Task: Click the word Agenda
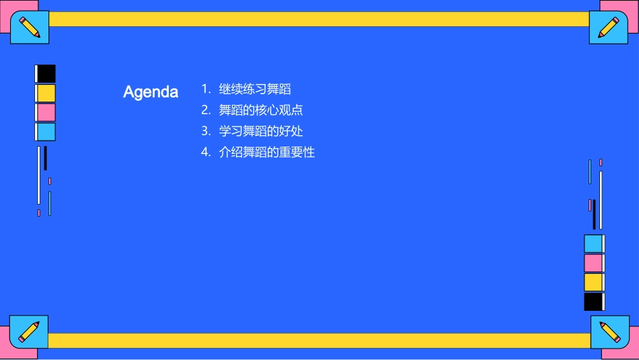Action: [x=151, y=92]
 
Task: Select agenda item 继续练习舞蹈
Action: [x=255, y=89]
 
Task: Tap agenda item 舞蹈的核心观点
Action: [x=261, y=110]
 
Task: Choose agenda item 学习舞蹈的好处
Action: [x=261, y=131]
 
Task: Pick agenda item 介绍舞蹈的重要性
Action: [x=267, y=152]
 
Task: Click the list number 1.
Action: [x=205, y=89]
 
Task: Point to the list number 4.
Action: [x=206, y=152]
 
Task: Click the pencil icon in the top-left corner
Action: [x=30, y=27]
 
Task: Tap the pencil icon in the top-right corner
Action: [x=609, y=27]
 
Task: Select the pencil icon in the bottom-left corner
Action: [x=29, y=332]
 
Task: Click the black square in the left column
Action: [x=46, y=74]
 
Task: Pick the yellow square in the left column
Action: [x=46, y=93]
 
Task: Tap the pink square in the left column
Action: [x=46, y=112]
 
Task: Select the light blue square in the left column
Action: [x=46, y=132]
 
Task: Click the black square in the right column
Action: [x=593, y=301]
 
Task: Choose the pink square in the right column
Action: [x=593, y=262]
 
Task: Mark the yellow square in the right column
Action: [x=593, y=282]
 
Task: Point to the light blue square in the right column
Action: [x=593, y=244]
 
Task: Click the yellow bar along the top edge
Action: [x=319, y=19]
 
